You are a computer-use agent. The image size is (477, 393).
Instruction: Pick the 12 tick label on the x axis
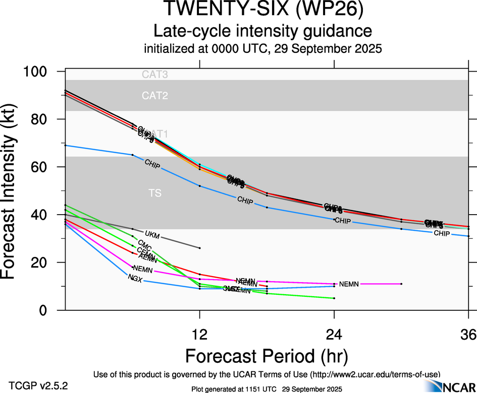coord(200,333)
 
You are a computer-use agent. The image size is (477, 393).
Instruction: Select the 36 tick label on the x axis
coord(468,333)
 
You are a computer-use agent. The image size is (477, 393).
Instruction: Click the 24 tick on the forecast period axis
coord(334,333)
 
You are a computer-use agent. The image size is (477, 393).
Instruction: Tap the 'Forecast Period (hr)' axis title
coord(267,356)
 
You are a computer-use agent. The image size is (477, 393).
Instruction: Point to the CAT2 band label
coord(155,95)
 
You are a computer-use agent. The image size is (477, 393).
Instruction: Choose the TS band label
coord(155,193)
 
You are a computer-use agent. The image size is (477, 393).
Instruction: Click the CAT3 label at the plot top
coord(155,75)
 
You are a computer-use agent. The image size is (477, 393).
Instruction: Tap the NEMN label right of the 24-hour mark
coord(349,284)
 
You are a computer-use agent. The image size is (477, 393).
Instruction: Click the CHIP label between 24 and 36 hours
coord(442,233)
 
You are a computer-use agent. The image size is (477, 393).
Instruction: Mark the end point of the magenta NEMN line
coord(401,284)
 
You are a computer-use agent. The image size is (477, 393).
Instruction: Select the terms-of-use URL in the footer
coord(374,374)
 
